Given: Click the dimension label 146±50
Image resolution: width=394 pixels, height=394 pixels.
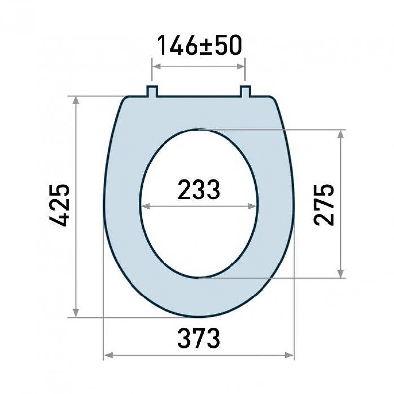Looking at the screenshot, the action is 199,45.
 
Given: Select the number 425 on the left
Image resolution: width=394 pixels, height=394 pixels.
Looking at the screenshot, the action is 59,205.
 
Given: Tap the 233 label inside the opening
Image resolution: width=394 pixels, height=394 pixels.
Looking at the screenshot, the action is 199,190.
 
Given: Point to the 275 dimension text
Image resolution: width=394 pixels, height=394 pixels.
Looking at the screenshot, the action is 324,204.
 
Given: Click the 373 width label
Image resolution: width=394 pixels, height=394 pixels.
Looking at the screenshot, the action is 199,338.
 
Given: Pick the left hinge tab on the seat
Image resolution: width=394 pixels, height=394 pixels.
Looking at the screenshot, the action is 152,91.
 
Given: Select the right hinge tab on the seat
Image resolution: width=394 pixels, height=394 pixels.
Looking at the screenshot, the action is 245,91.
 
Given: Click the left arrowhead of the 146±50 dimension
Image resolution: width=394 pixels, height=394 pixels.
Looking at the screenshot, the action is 157,66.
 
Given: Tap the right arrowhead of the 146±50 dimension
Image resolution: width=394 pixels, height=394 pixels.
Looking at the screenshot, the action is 241,66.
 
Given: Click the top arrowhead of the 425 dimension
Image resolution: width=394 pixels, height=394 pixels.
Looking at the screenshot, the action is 76,100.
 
